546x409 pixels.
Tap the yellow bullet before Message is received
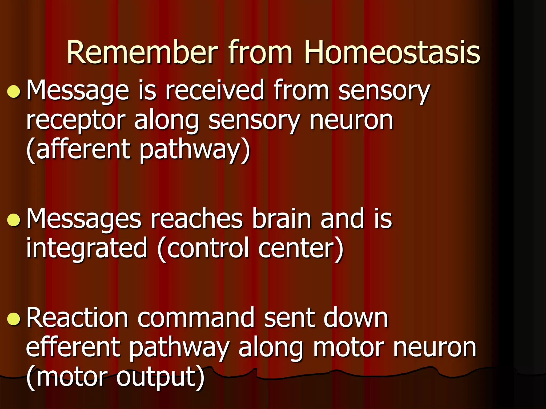click(x=14, y=92)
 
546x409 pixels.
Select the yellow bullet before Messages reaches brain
click(x=14, y=220)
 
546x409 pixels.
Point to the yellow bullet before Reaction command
click(x=14, y=319)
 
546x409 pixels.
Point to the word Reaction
click(x=77, y=318)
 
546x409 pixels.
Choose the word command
click(x=196, y=318)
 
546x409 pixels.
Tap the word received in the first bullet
click(x=215, y=91)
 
